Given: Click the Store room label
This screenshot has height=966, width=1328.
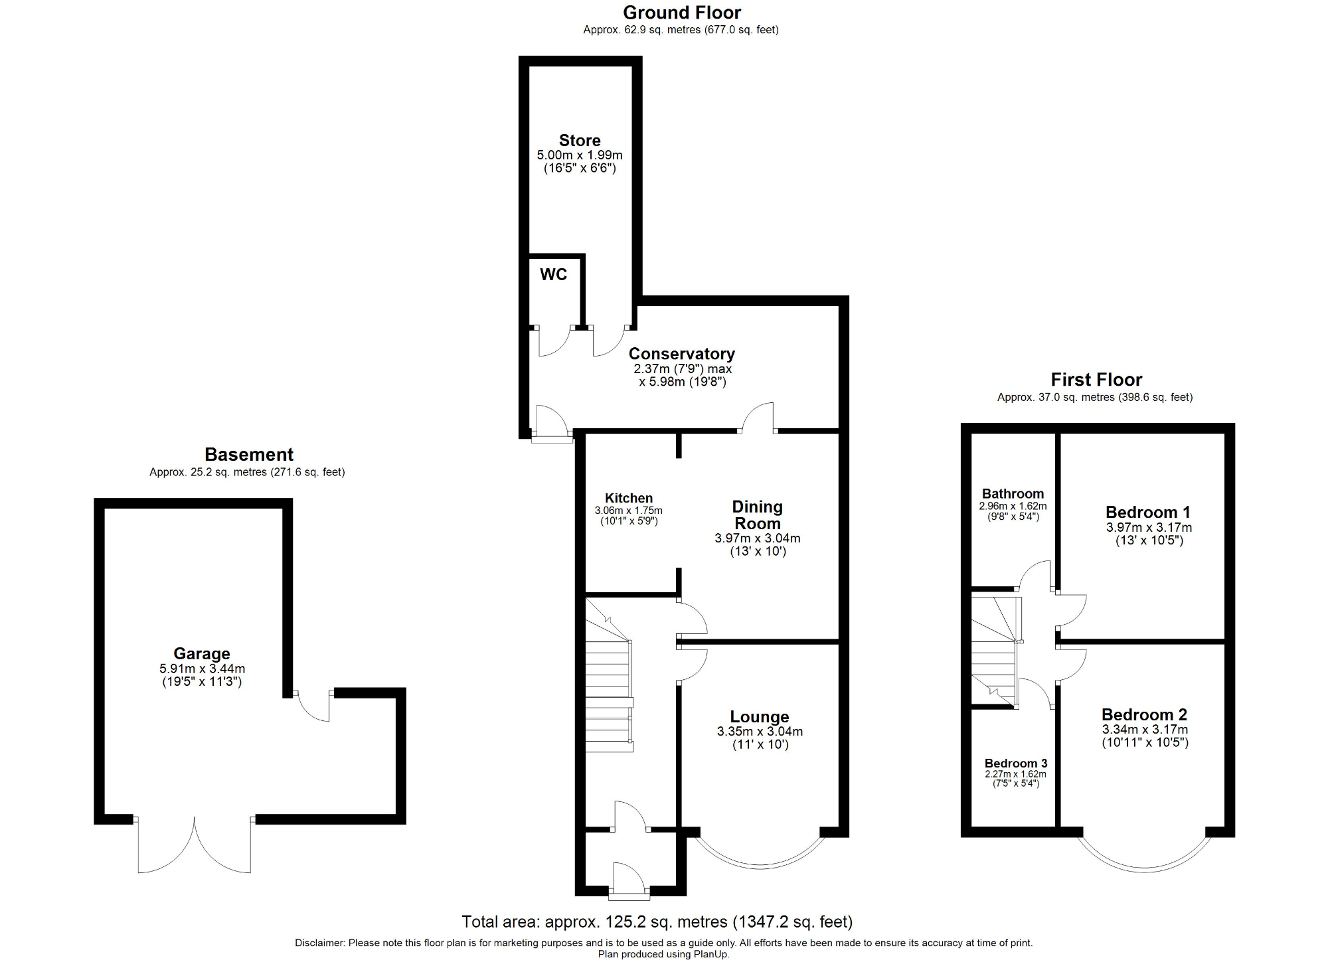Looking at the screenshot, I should [580, 141].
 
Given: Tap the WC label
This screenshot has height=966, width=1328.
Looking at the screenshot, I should [553, 275].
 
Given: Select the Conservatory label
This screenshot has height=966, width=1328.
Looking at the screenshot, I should [681, 354].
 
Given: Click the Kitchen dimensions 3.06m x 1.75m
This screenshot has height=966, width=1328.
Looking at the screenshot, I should [628, 511].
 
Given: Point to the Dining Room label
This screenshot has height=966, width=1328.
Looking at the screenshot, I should [757, 515].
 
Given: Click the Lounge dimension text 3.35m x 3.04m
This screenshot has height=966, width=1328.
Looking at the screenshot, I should [760, 732].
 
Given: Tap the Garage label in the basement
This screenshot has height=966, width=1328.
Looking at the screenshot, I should [202, 653].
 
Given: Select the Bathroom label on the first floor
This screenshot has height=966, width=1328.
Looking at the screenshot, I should [1013, 493].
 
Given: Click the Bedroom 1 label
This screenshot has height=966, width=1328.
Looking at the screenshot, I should [1147, 512].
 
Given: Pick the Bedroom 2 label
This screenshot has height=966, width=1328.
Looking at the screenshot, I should [1144, 714].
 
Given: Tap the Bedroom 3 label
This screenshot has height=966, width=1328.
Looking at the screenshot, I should [1015, 763].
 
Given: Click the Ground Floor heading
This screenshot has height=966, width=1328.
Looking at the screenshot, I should [681, 13].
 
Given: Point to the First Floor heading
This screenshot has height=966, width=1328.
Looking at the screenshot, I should [1096, 380].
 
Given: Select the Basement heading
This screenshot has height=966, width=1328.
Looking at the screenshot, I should [248, 455].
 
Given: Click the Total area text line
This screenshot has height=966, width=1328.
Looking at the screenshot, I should [657, 922].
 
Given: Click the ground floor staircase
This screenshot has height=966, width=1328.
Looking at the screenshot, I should [608, 690].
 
